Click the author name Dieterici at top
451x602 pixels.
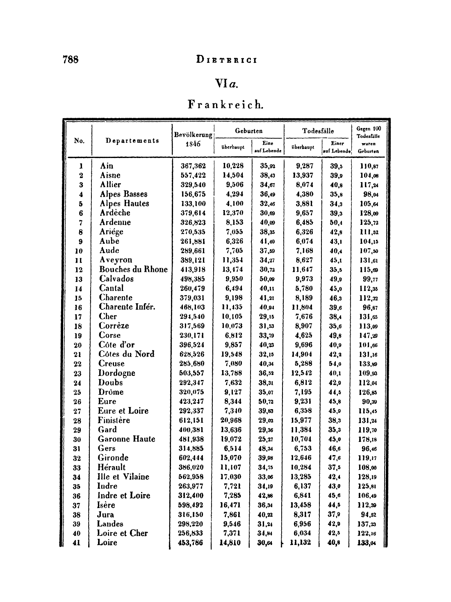(226, 60)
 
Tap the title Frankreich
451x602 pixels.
(225, 105)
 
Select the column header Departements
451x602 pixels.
(132, 141)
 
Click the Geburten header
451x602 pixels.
(248, 130)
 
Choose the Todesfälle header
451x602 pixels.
(318, 131)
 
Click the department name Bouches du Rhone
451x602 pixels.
(133, 269)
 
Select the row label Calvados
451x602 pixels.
(116, 279)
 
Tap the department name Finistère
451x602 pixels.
(114, 420)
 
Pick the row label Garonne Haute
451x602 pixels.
(126, 439)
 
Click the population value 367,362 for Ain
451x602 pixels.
(193, 166)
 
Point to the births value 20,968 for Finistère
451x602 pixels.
(232, 420)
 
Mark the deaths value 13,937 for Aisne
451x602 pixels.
(302, 176)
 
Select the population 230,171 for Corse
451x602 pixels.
(193, 335)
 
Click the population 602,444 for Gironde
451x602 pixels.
(193, 458)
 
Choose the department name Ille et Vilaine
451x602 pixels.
(123, 477)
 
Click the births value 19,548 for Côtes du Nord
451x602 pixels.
(232, 354)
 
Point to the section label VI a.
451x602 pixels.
(226, 84)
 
